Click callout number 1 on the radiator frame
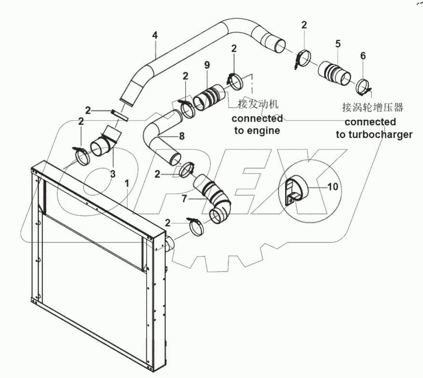[x=127, y=184]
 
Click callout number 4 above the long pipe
[x=154, y=35]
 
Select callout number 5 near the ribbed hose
[x=338, y=44]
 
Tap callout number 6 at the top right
[x=363, y=55]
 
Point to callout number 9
[x=207, y=65]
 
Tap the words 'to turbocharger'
[x=374, y=135]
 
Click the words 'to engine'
[x=257, y=131]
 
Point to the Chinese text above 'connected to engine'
[x=259, y=104]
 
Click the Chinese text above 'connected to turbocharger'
[x=372, y=107]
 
